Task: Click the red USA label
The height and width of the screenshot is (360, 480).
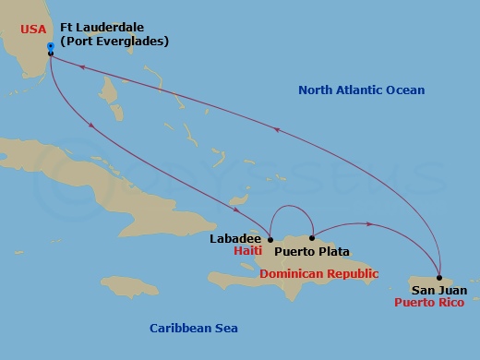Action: click(x=32, y=29)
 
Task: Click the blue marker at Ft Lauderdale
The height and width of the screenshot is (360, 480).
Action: click(x=49, y=44)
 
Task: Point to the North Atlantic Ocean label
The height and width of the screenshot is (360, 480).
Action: click(x=362, y=90)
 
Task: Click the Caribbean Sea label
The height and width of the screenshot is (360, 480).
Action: click(x=194, y=328)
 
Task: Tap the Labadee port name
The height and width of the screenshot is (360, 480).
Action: click(x=234, y=238)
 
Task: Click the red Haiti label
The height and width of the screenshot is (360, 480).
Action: click(x=248, y=251)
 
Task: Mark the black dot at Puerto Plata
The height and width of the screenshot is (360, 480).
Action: click(x=313, y=238)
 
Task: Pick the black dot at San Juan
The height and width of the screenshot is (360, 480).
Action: click(x=439, y=278)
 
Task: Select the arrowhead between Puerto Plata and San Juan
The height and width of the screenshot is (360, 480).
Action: click(x=370, y=224)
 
